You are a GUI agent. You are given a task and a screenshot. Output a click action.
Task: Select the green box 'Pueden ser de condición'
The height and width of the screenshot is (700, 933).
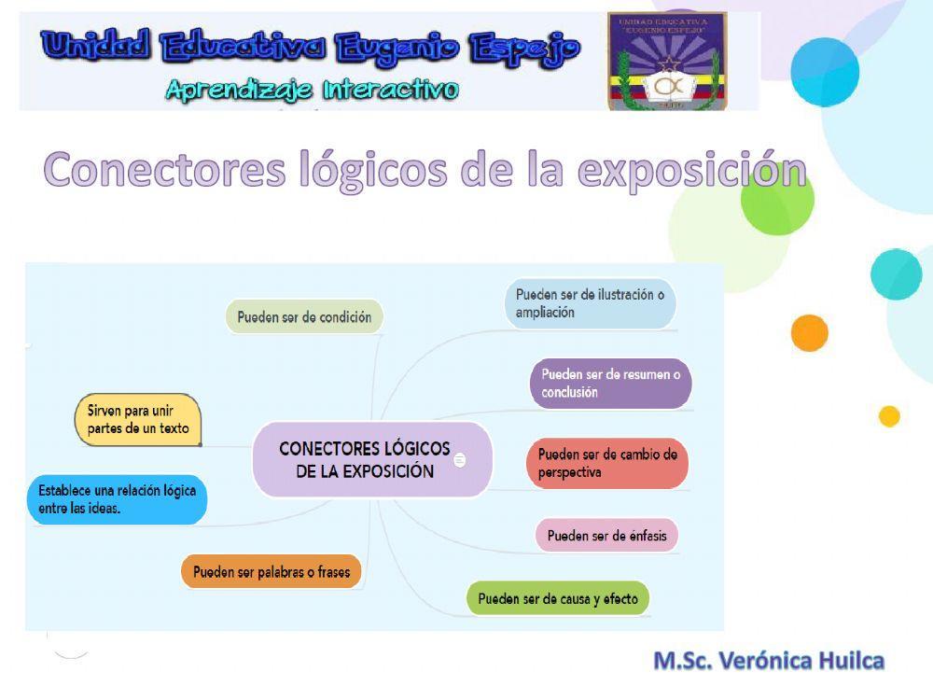click(304, 317)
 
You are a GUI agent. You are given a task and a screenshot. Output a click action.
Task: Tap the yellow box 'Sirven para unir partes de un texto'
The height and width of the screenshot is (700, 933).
click(138, 419)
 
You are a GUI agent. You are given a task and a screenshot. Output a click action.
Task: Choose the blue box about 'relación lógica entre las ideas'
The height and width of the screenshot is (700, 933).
click(117, 499)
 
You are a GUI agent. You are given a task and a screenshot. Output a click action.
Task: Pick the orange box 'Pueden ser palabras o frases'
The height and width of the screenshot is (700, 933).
click(271, 571)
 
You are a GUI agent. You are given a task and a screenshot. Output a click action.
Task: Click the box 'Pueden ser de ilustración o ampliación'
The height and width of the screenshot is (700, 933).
click(591, 303)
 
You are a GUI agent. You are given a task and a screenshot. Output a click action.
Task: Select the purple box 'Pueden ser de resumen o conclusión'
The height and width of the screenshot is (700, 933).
click(611, 383)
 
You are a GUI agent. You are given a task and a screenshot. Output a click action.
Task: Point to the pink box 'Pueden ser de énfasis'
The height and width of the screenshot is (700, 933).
click(606, 536)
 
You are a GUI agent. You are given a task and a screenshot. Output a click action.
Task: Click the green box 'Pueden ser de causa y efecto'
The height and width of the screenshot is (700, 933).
click(558, 598)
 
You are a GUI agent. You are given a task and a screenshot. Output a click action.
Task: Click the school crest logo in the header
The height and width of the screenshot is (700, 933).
click(666, 62)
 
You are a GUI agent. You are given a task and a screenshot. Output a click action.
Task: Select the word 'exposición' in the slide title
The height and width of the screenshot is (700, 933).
click(691, 170)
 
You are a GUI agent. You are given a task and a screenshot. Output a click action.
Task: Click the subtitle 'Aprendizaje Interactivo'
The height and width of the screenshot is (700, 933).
click(312, 90)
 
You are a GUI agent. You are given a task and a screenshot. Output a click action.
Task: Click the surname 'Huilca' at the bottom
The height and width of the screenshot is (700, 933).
click(851, 661)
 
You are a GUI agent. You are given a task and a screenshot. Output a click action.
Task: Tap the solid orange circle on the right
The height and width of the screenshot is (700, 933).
click(810, 333)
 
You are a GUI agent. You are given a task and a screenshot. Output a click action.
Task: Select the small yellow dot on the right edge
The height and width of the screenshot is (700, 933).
click(889, 416)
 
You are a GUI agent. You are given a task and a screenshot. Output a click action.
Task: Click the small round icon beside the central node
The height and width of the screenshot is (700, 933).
click(459, 460)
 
